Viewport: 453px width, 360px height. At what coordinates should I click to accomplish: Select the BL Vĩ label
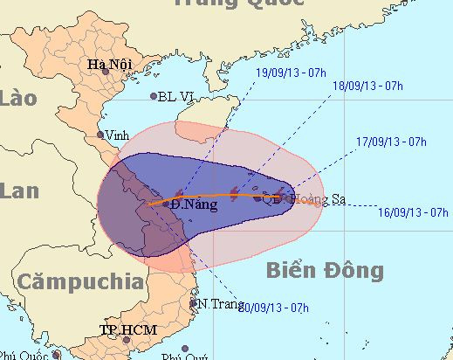(175, 97)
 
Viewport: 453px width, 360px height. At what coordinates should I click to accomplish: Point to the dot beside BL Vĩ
(154, 96)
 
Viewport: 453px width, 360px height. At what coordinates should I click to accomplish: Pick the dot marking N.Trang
(194, 304)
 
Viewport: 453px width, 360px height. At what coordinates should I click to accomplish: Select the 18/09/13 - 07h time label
(367, 86)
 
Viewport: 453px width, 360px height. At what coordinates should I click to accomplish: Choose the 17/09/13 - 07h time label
(391, 141)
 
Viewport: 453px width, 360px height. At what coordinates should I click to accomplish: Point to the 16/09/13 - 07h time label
(415, 211)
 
